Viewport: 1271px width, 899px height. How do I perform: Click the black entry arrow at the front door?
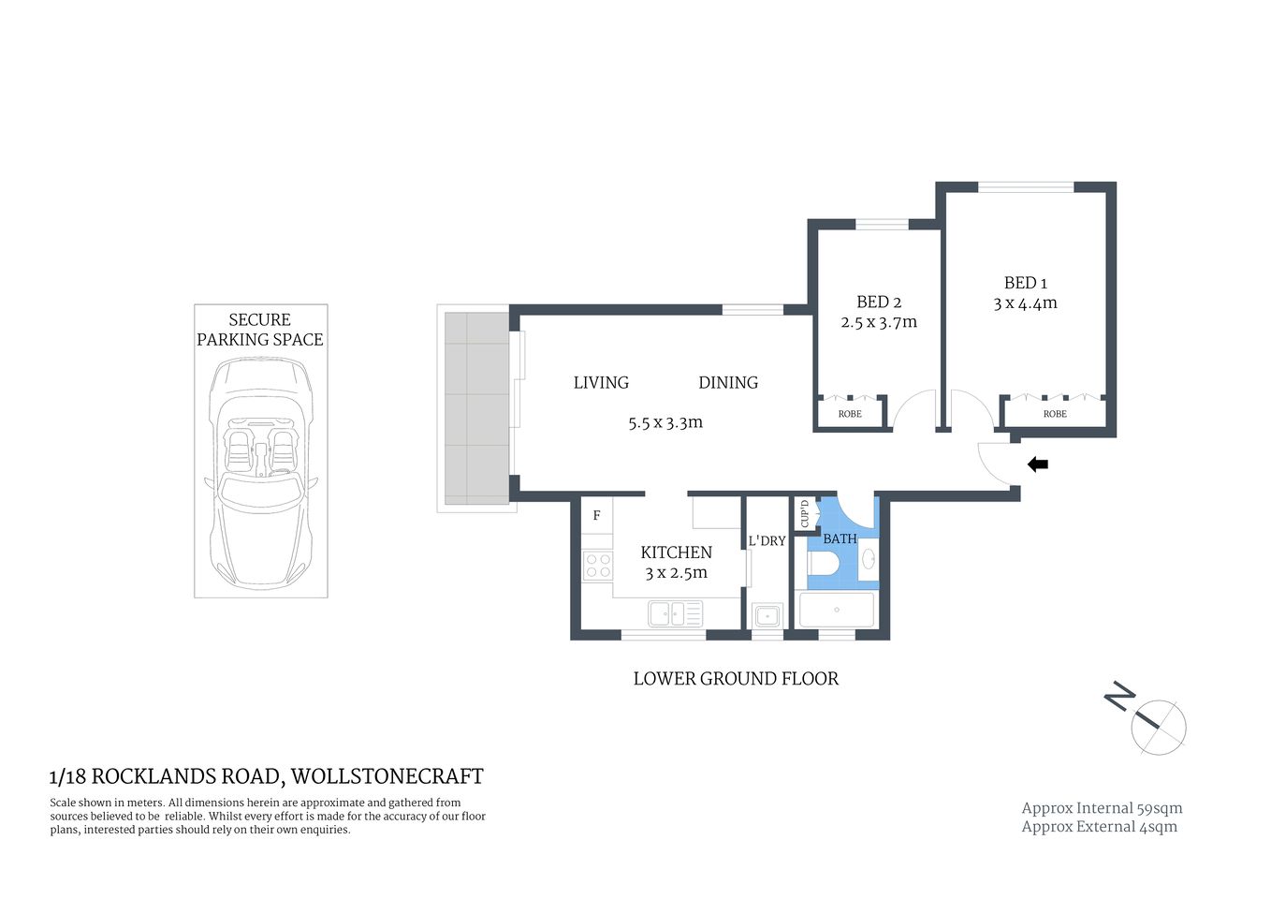coord(1038,464)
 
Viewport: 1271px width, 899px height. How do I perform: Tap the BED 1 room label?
coord(1025,283)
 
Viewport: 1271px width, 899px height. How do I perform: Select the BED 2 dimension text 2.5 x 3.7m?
coord(878,322)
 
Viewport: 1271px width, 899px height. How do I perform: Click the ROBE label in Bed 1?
coord(1055,414)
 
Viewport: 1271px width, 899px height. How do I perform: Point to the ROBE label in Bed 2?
coord(850,414)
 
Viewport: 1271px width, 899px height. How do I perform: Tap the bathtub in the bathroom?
coord(836,610)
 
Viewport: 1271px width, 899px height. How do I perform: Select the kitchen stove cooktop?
coord(597,566)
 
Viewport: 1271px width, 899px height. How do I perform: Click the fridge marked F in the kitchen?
coord(596,516)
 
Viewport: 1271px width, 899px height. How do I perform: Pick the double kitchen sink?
coord(675,614)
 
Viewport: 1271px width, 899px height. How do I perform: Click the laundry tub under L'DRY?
coord(767,615)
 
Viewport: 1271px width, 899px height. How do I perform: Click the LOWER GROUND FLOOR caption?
coord(736,679)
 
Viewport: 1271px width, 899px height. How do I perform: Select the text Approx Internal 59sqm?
coord(1102,808)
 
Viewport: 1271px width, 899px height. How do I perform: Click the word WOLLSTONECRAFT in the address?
coord(387,776)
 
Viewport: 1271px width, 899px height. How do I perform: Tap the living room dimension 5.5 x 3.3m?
coord(665,423)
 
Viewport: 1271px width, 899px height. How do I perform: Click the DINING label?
coord(728,383)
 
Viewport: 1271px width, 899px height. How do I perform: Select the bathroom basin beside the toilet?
coord(868,560)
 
